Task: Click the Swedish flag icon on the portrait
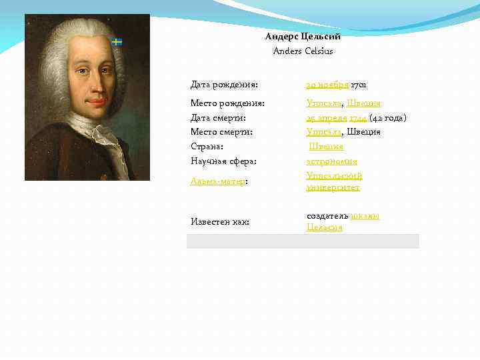[x=117, y=42]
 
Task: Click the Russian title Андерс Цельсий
[x=303, y=37]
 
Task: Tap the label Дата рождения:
[x=225, y=85]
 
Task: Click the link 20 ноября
[x=327, y=85]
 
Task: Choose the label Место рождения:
[x=228, y=103]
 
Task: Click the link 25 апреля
[x=327, y=118]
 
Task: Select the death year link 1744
[x=358, y=118]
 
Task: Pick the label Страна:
[x=207, y=147]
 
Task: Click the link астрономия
[x=332, y=161]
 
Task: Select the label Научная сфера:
[x=224, y=161]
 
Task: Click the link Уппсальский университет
[x=334, y=181]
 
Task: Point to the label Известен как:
[x=220, y=221]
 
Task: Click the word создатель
[x=327, y=216]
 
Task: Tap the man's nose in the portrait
[x=93, y=86]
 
